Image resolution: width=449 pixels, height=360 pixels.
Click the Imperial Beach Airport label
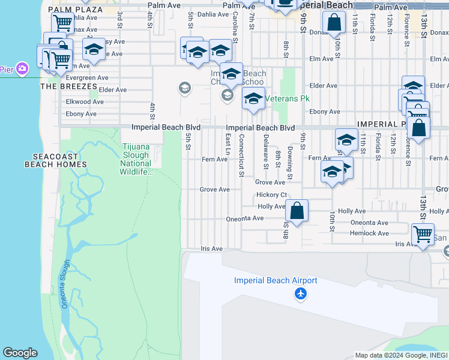[276, 280]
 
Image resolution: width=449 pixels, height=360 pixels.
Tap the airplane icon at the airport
[300, 294]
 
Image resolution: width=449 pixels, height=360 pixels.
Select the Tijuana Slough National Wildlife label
[136, 159]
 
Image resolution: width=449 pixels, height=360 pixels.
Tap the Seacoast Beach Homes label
[56, 160]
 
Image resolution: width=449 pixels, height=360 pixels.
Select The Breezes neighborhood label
[64, 86]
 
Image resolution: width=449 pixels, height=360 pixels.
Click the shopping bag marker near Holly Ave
[297, 211]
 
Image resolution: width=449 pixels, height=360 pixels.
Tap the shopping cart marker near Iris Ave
[423, 235]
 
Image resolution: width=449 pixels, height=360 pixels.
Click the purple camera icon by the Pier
[22, 68]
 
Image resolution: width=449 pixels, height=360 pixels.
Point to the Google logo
[20, 353]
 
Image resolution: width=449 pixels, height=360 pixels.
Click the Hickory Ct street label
[271, 195]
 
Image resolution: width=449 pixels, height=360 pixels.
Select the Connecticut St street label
[241, 155]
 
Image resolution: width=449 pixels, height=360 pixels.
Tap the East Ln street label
[228, 148]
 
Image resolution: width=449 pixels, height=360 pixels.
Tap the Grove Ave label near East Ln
[215, 190]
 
